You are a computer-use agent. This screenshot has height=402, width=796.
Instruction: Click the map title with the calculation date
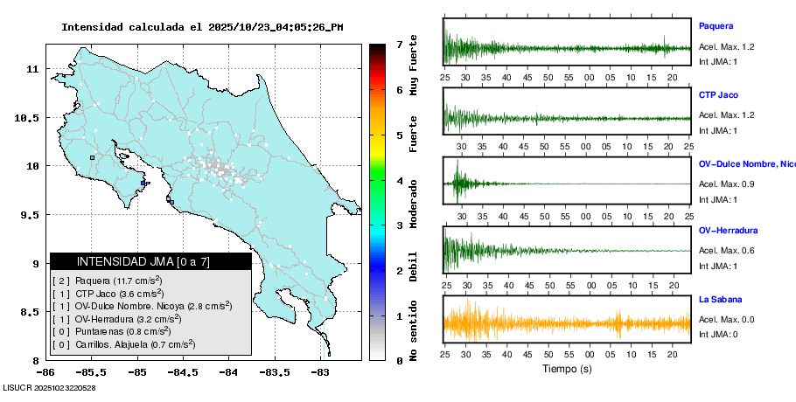(x=201, y=27)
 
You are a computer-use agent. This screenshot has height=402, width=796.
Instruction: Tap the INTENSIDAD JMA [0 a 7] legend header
(x=143, y=261)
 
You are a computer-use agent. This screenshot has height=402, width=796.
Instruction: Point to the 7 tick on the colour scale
(x=399, y=44)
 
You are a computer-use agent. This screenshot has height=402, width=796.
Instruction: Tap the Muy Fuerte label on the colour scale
(x=413, y=66)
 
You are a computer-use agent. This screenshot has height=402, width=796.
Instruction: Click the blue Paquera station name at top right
(x=716, y=26)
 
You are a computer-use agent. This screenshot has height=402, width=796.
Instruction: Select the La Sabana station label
(x=721, y=299)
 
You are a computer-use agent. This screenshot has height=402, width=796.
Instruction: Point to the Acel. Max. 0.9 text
(x=726, y=184)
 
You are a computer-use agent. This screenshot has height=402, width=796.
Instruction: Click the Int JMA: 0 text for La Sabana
(x=718, y=334)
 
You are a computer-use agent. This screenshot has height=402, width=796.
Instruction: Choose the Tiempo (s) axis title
(x=568, y=369)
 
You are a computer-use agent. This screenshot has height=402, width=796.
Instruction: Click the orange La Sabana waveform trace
(x=567, y=322)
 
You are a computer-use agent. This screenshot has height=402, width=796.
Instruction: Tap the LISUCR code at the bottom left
(x=49, y=388)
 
